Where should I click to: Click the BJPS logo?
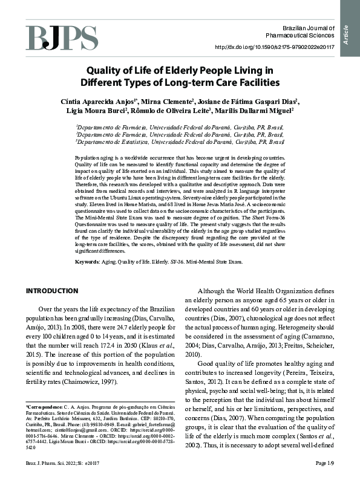coord(61,37)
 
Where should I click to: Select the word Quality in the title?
coord(107,70)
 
